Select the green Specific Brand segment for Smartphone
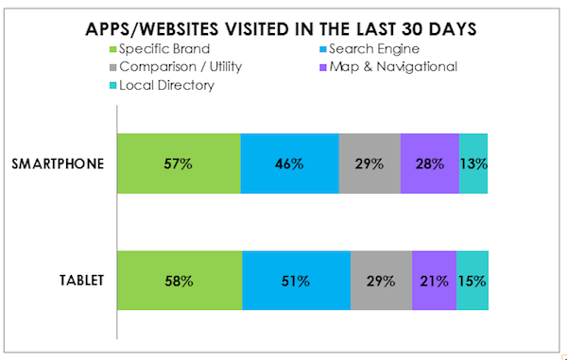coord(179,163)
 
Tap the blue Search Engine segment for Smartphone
coord(289,163)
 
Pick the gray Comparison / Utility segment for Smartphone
coord(369,163)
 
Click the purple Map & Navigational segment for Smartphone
coord(429,163)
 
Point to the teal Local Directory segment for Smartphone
coord(473,163)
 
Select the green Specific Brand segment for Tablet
coord(180,281)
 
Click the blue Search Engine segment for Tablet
coord(297,281)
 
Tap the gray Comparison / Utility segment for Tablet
coord(382,281)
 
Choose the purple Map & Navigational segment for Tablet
coord(435,281)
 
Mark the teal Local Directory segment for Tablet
coord(472,281)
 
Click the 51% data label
coord(297,281)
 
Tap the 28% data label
coord(429,163)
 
